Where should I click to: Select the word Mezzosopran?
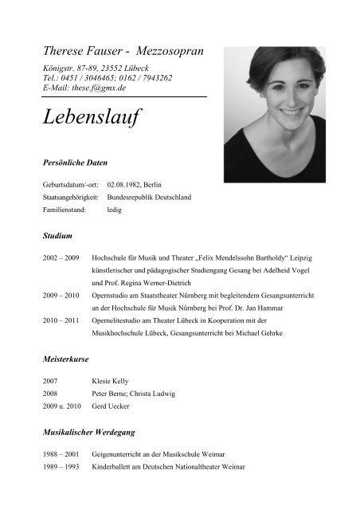(165, 50)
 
